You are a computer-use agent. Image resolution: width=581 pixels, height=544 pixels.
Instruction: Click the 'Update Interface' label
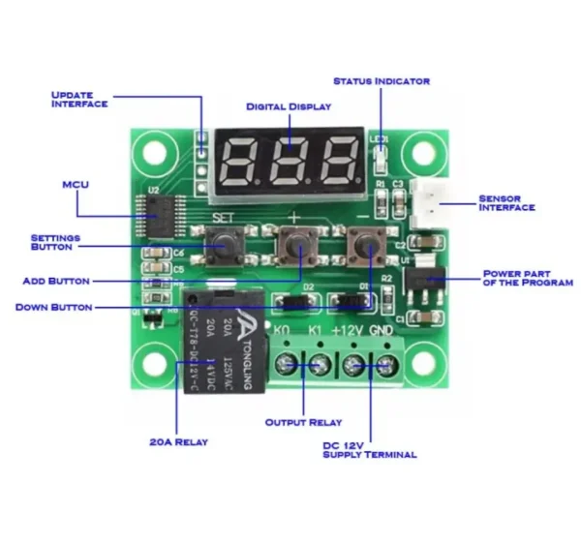[x=78, y=99]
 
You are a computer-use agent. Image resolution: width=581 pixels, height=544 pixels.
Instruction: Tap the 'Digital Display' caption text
[x=288, y=106]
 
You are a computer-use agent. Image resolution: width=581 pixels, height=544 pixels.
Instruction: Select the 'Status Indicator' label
[x=381, y=81]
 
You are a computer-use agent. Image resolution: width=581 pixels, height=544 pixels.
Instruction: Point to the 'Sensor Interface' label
[x=506, y=203]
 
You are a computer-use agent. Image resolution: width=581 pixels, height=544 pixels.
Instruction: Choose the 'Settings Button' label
[x=55, y=242]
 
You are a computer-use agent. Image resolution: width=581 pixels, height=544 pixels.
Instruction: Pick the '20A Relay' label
[x=178, y=441]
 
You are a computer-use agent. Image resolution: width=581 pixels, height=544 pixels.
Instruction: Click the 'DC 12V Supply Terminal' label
[x=369, y=449]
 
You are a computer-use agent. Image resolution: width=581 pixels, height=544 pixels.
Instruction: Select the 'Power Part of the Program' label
[x=523, y=280]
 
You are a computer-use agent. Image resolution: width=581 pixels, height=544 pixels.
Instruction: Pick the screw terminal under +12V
[x=353, y=365]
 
